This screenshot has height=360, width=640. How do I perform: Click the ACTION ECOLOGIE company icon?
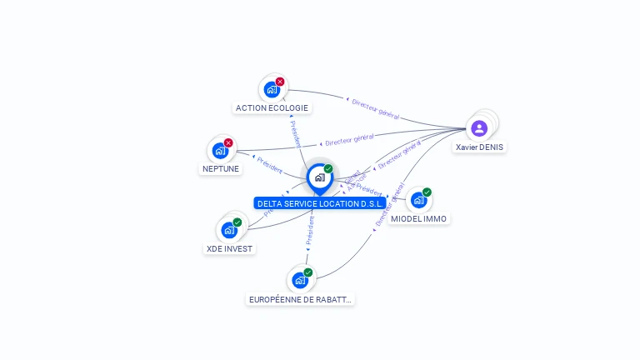[271, 89]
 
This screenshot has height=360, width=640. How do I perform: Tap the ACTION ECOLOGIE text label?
[272, 107]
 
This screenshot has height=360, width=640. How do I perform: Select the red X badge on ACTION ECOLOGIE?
[280, 82]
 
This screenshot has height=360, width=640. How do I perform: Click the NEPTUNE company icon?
[220, 151]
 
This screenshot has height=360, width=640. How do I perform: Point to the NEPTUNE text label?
[221, 168]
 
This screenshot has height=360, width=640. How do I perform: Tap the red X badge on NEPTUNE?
[228, 142]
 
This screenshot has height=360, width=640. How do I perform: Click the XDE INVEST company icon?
[229, 230]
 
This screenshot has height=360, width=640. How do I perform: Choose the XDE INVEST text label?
[229, 248]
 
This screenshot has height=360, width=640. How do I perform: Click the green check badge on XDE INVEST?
[237, 222]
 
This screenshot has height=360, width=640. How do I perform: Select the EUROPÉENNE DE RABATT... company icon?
[300, 281]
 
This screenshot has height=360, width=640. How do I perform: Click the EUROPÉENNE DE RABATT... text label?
[300, 299]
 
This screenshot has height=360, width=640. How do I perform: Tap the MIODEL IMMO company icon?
[418, 200]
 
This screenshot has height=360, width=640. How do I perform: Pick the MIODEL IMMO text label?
[419, 218]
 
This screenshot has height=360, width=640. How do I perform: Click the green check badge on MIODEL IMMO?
[427, 192]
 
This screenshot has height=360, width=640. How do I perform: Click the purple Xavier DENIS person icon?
[479, 128]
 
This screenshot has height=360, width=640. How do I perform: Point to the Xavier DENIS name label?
[479, 147]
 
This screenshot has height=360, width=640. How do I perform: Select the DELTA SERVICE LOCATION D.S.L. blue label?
[320, 203]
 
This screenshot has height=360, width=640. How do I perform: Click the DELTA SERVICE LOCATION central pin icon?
[319, 177]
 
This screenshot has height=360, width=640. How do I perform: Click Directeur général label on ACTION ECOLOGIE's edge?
[375, 108]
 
